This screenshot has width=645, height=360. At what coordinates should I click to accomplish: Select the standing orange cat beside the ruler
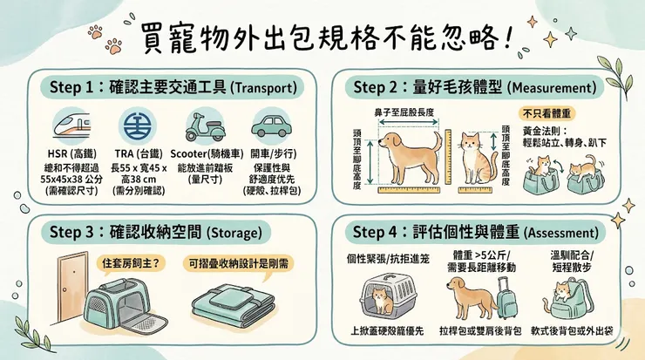pos(472,158)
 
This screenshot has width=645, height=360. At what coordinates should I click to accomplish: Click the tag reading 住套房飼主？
pos(131,261)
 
